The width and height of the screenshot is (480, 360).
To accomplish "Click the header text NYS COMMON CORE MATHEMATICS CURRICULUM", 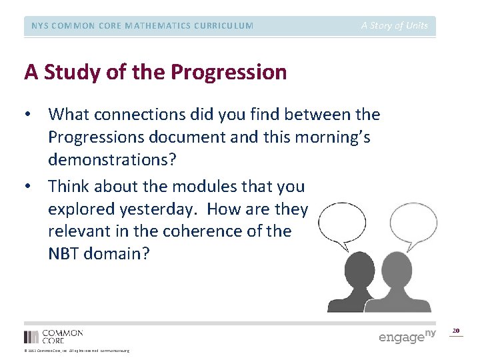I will click(142, 26).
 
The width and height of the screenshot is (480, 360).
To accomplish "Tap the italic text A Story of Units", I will click(395, 26).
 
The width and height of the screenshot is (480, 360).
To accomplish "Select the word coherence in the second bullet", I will click(209, 232).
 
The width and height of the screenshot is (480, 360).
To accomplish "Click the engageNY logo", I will click(407, 335).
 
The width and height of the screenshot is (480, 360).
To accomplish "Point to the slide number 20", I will click(456, 331).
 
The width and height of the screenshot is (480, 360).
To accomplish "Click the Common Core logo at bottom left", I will click(53, 335).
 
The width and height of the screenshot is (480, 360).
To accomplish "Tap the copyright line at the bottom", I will click(77, 351).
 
